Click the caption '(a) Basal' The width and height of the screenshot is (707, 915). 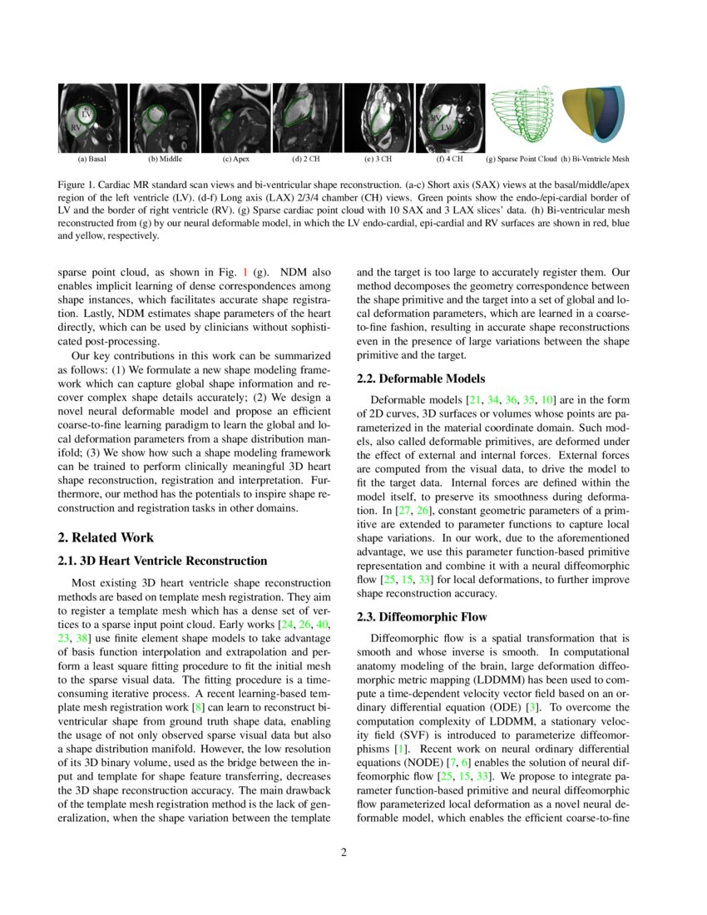(x=91, y=158)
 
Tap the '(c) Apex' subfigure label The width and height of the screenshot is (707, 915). (x=238, y=158)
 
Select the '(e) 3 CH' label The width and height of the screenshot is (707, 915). (x=378, y=158)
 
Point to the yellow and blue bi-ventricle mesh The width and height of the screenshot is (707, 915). (x=596, y=116)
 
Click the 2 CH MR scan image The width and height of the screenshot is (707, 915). (x=307, y=116)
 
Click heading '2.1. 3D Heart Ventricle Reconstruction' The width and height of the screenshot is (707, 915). (x=162, y=561)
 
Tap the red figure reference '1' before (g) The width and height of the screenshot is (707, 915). (x=245, y=272)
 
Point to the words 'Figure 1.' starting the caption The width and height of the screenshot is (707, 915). (x=77, y=183)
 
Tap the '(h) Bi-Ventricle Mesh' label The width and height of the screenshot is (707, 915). (x=595, y=158)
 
